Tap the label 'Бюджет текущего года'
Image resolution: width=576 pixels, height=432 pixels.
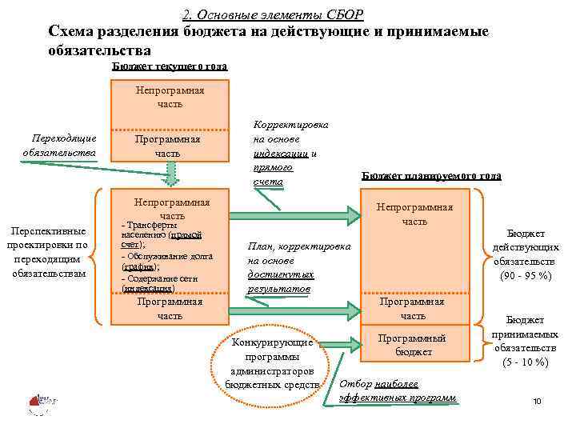(x=169, y=66)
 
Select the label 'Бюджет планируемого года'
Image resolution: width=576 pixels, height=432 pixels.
(x=431, y=175)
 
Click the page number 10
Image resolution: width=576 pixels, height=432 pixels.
(x=537, y=401)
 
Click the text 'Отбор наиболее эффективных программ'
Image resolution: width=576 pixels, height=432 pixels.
(x=398, y=390)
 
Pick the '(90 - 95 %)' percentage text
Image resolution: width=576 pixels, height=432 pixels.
(x=524, y=275)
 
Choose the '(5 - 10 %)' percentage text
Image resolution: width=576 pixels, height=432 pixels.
(x=525, y=362)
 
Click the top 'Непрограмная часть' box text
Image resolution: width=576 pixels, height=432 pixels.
(x=170, y=97)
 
